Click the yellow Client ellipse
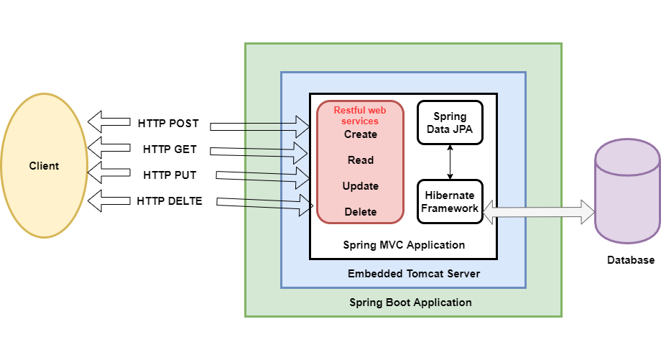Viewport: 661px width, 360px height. click(x=44, y=167)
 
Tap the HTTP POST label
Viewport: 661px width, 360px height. click(x=168, y=123)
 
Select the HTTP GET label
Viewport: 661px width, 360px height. click(x=170, y=149)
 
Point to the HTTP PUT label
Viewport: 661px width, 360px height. click(x=170, y=175)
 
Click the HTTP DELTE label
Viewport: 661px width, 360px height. click(x=170, y=201)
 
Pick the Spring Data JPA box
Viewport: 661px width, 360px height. click(x=450, y=122)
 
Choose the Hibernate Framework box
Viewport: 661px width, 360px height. click(x=450, y=201)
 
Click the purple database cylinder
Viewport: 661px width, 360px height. click(x=627, y=191)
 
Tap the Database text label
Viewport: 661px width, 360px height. click(x=629, y=260)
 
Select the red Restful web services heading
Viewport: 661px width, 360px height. click(x=360, y=116)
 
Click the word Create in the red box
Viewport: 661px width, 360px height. click(x=360, y=134)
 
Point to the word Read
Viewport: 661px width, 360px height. click(x=360, y=160)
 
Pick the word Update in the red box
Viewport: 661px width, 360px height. click(x=360, y=186)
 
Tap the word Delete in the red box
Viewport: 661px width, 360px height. click(x=360, y=212)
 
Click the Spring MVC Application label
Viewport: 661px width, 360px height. click(x=403, y=245)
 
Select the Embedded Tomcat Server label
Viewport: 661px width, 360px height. click(x=413, y=274)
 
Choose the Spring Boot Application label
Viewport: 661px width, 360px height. click(x=410, y=303)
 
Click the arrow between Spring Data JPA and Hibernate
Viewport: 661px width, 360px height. click(x=450, y=162)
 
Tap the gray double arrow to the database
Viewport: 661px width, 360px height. click(x=540, y=211)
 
